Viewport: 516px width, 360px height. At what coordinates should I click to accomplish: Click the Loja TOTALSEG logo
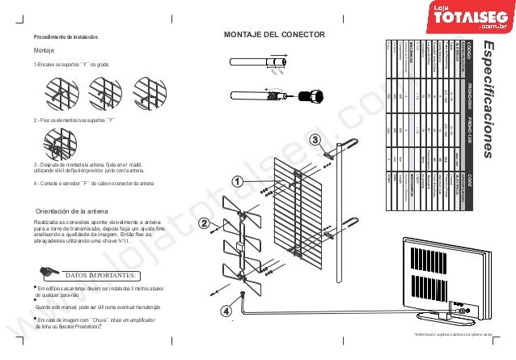tap(467, 16)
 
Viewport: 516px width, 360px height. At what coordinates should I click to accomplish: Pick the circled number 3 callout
tap(314, 140)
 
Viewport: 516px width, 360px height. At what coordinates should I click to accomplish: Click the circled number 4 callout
tap(226, 309)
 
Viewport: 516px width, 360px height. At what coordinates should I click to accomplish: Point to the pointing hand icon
tap(50, 272)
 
